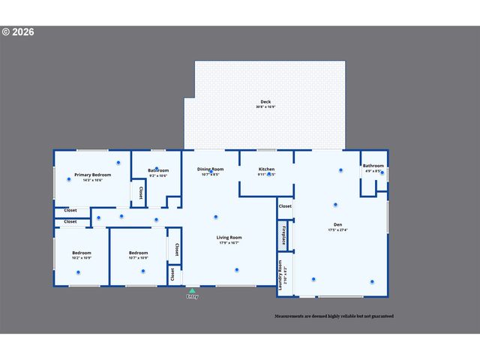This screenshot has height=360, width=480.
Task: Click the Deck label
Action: [x=265, y=102]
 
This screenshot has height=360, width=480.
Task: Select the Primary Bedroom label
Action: [x=93, y=175]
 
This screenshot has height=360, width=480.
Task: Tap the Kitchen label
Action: [x=266, y=169]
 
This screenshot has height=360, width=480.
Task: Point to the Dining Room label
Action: [x=210, y=169]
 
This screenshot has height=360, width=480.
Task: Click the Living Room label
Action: [x=229, y=238]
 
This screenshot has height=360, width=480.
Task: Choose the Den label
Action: [x=337, y=224]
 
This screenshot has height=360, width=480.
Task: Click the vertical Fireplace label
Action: [x=283, y=235]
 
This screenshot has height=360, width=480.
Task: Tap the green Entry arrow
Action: [x=192, y=289]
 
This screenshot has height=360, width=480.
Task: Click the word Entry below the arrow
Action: [x=192, y=297]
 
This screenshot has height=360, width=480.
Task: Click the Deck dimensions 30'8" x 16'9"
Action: [x=265, y=107]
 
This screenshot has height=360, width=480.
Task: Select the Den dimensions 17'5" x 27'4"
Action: [x=337, y=229]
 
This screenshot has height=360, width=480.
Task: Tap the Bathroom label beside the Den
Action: [x=373, y=166]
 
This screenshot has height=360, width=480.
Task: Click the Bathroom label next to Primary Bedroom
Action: [x=158, y=170]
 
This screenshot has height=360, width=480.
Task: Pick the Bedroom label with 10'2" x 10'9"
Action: [x=81, y=253]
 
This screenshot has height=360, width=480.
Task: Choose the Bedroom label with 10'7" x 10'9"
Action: [x=138, y=253]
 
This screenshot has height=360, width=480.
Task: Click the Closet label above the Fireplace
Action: [x=285, y=206]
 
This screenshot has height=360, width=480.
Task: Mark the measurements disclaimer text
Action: [x=334, y=316]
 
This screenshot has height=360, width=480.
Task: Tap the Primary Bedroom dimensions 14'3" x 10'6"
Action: [x=93, y=180]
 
